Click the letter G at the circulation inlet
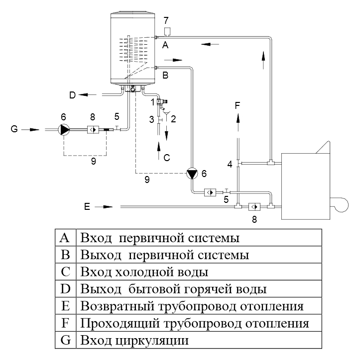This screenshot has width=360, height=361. coord(15,129)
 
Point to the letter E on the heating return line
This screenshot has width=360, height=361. coord(87,205)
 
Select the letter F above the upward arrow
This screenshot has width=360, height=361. coord(238,105)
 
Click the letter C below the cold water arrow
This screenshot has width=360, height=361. coord(167,158)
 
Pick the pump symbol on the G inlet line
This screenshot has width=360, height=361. coord(64,129)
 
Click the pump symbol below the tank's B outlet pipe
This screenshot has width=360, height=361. coord(191,174)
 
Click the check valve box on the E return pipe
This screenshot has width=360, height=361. coord(254,206)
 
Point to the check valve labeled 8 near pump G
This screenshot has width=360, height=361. coord(93,129)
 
